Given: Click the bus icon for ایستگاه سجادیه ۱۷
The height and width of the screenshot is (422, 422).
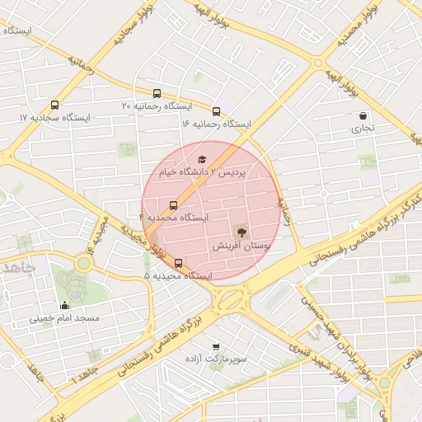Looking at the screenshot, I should click(54, 105).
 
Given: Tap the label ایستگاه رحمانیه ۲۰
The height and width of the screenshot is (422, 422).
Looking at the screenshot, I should click(157, 106).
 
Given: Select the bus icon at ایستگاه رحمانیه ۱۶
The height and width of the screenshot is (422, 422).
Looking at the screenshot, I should click(216, 111).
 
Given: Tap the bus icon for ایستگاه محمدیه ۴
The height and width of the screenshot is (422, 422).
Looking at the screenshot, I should click(173, 204).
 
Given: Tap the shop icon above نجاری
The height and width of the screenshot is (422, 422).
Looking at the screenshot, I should click(363, 116).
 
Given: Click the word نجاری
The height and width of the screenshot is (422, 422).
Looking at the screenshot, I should click(363, 129).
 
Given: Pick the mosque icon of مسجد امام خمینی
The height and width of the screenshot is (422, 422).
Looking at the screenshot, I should click(64, 306).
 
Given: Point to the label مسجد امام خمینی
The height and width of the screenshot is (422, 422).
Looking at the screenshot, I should click(64, 317).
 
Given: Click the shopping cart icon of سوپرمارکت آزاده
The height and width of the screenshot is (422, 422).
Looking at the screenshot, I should click(215, 347).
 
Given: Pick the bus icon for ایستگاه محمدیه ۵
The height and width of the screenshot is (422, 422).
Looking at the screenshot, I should click(178, 264).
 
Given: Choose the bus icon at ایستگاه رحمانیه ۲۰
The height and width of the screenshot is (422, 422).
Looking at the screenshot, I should click(157, 94).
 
